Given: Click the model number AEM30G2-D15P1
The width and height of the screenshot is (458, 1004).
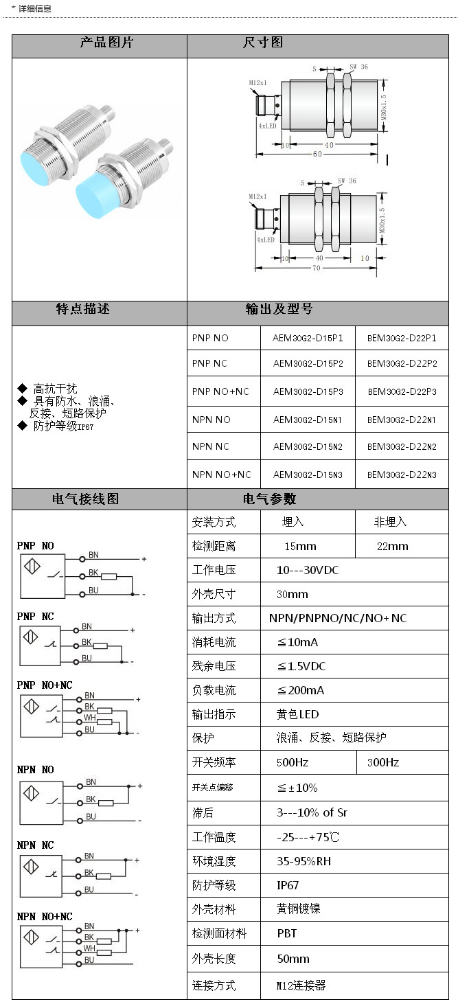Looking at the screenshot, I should point(308,338).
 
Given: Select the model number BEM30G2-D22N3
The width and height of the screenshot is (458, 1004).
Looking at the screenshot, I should point(402,475).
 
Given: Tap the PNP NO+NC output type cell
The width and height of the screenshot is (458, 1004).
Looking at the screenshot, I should point(220,391).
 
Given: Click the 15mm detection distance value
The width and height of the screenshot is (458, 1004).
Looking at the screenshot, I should point(300,546).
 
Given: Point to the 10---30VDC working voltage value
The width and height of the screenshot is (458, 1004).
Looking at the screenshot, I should point(308,570).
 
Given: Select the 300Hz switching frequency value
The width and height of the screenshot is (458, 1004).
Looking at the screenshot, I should point(383,762).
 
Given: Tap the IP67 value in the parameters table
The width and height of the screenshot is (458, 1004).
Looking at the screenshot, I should point(288,885).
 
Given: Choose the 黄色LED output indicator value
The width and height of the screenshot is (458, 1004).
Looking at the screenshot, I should point(298,714).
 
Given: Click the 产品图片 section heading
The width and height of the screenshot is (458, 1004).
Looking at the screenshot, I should point(106,43).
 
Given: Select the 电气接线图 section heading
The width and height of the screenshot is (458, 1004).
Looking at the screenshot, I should point(85,499).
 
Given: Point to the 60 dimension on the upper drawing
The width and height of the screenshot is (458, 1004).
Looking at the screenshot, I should point(317,154).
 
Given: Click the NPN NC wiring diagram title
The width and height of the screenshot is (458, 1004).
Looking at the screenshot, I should point(35,845).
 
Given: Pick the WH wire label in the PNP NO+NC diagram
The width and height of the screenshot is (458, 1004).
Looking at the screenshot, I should point(89,718).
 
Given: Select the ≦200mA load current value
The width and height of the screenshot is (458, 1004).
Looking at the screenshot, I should point(300,690).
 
